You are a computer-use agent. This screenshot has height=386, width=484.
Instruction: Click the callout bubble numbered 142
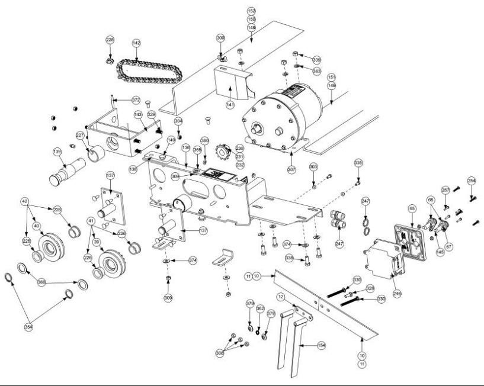coord(136,43)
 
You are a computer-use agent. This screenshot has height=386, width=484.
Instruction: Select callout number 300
coord(221,37)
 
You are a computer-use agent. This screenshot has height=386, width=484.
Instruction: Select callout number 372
coord(136,100)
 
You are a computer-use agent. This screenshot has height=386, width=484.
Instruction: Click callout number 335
coord(358,163)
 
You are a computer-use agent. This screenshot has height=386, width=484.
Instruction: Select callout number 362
coord(259,309)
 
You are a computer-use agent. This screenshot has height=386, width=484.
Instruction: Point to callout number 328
coord(370,288)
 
